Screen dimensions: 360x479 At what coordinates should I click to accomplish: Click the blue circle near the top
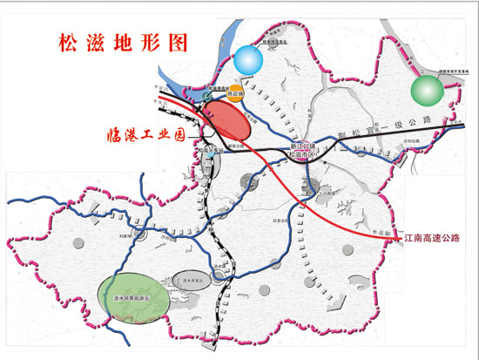[x=247, y=59]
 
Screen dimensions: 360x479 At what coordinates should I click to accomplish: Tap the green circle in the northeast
[x=427, y=90]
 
